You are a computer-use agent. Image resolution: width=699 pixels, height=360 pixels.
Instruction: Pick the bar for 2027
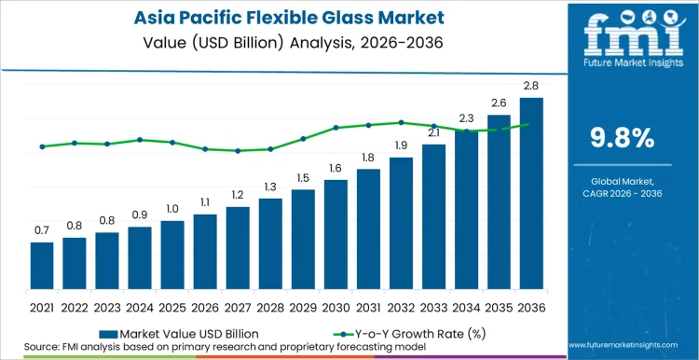coord(238,248)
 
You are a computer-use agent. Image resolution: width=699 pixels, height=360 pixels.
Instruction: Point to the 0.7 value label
coord(42,230)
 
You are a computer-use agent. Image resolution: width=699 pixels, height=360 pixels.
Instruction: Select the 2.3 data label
coord(466,118)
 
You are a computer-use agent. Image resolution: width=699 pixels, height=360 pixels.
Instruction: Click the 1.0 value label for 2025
coord(172,209)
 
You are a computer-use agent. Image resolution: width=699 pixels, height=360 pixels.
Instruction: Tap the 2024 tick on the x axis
coord(140,306)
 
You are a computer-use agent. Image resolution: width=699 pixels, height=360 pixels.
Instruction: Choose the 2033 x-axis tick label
coord(433,306)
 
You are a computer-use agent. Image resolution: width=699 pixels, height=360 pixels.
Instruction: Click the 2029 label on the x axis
coord(303,306)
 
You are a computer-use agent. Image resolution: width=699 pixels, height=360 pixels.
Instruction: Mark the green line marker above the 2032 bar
coord(401,122)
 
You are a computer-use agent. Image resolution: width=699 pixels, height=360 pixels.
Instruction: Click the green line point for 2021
coord(42,146)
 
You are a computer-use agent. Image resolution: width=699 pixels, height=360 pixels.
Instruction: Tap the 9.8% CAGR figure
coord(622,138)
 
